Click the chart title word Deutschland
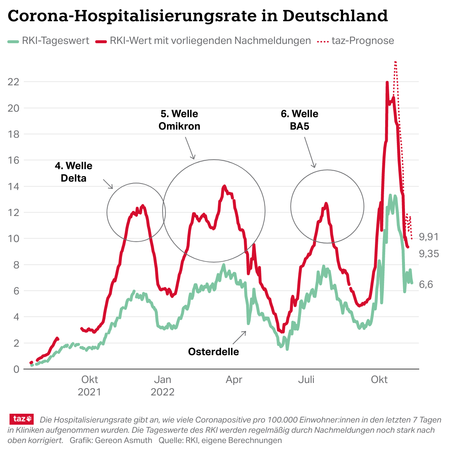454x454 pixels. pos(335,16)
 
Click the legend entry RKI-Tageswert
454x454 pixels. pos(55,41)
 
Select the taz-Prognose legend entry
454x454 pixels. pos(362,41)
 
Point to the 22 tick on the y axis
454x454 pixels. pos(13,82)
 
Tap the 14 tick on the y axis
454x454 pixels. pos(13,186)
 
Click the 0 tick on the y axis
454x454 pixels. pos(16,369)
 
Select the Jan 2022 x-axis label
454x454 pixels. pos(163,386)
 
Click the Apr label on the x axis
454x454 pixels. pos(234,380)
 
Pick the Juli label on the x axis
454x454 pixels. pos(306,380)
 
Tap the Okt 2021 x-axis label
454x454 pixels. pos(89,386)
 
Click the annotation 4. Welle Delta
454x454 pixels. pos(74,172)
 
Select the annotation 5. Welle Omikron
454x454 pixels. pos(179,120)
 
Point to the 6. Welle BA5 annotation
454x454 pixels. pos(299,120)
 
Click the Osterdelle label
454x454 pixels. pos(213,352)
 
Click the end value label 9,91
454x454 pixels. pos(429,237)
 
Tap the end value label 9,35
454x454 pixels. pos(429,254)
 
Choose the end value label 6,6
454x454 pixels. pos(426,284)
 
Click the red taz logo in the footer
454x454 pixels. pos(22,419)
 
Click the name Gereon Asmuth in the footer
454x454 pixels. pos(123,440)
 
